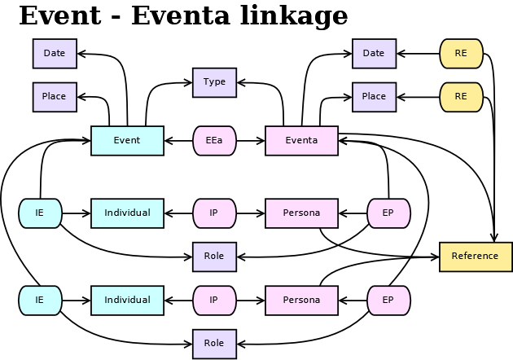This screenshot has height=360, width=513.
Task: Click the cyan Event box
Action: (x=127, y=140)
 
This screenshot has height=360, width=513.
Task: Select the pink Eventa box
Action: (x=301, y=140)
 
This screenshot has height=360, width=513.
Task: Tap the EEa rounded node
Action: (x=214, y=140)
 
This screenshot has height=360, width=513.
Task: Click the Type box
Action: (x=214, y=82)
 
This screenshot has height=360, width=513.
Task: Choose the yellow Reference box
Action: (x=476, y=256)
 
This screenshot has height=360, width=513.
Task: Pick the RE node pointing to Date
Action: (x=461, y=54)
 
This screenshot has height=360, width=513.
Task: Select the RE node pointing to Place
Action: (x=461, y=96)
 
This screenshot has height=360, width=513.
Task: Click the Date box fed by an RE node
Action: (x=374, y=54)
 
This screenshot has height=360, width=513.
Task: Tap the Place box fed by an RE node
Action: (x=374, y=96)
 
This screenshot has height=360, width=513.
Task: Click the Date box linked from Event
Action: (x=55, y=54)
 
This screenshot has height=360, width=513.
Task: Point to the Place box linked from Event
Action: (x=55, y=96)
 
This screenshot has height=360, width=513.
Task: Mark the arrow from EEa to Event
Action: (x=178, y=140)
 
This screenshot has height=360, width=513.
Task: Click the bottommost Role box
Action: (x=214, y=343)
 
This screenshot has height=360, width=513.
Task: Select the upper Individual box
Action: (x=127, y=213)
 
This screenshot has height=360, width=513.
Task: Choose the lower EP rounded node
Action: (x=388, y=300)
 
